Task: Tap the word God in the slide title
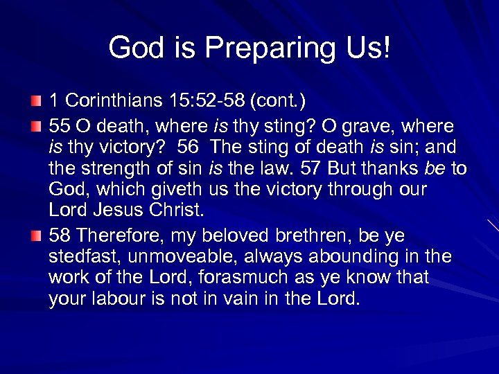[133, 48]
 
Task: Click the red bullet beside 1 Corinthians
[36, 103]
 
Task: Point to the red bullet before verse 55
[36, 127]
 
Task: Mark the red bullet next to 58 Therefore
[36, 238]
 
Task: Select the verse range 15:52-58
[206, 103]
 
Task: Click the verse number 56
[188, 148]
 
